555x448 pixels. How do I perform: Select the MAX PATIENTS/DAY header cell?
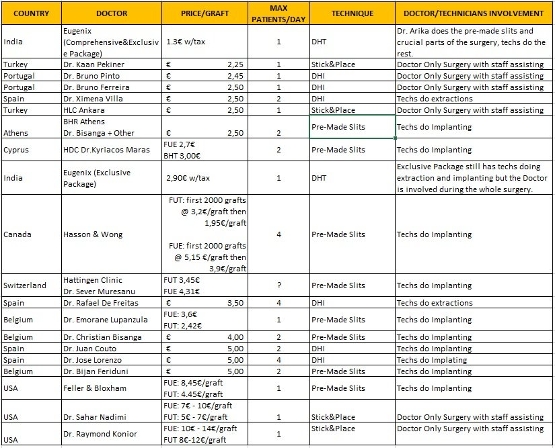tap(279, 13)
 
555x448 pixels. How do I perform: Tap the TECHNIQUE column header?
tap(352, 13)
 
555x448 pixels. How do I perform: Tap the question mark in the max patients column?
tap(279, 285)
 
